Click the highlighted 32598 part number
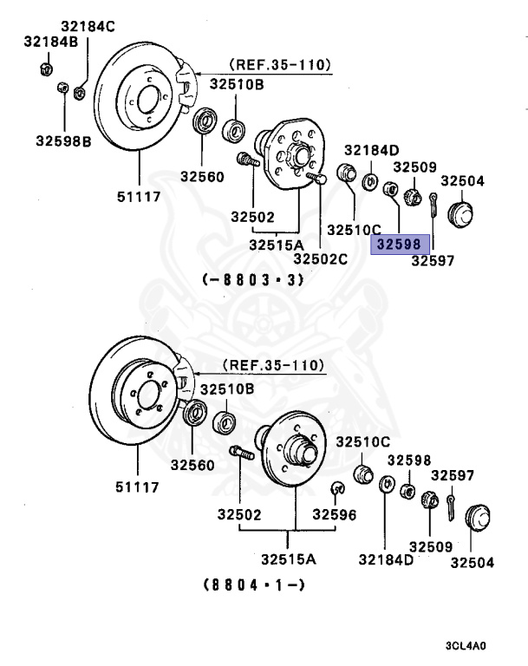pos(401,245)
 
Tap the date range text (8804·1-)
pos(254,584)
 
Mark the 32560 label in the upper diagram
pos(202,176)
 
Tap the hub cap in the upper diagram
pos(461,212)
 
